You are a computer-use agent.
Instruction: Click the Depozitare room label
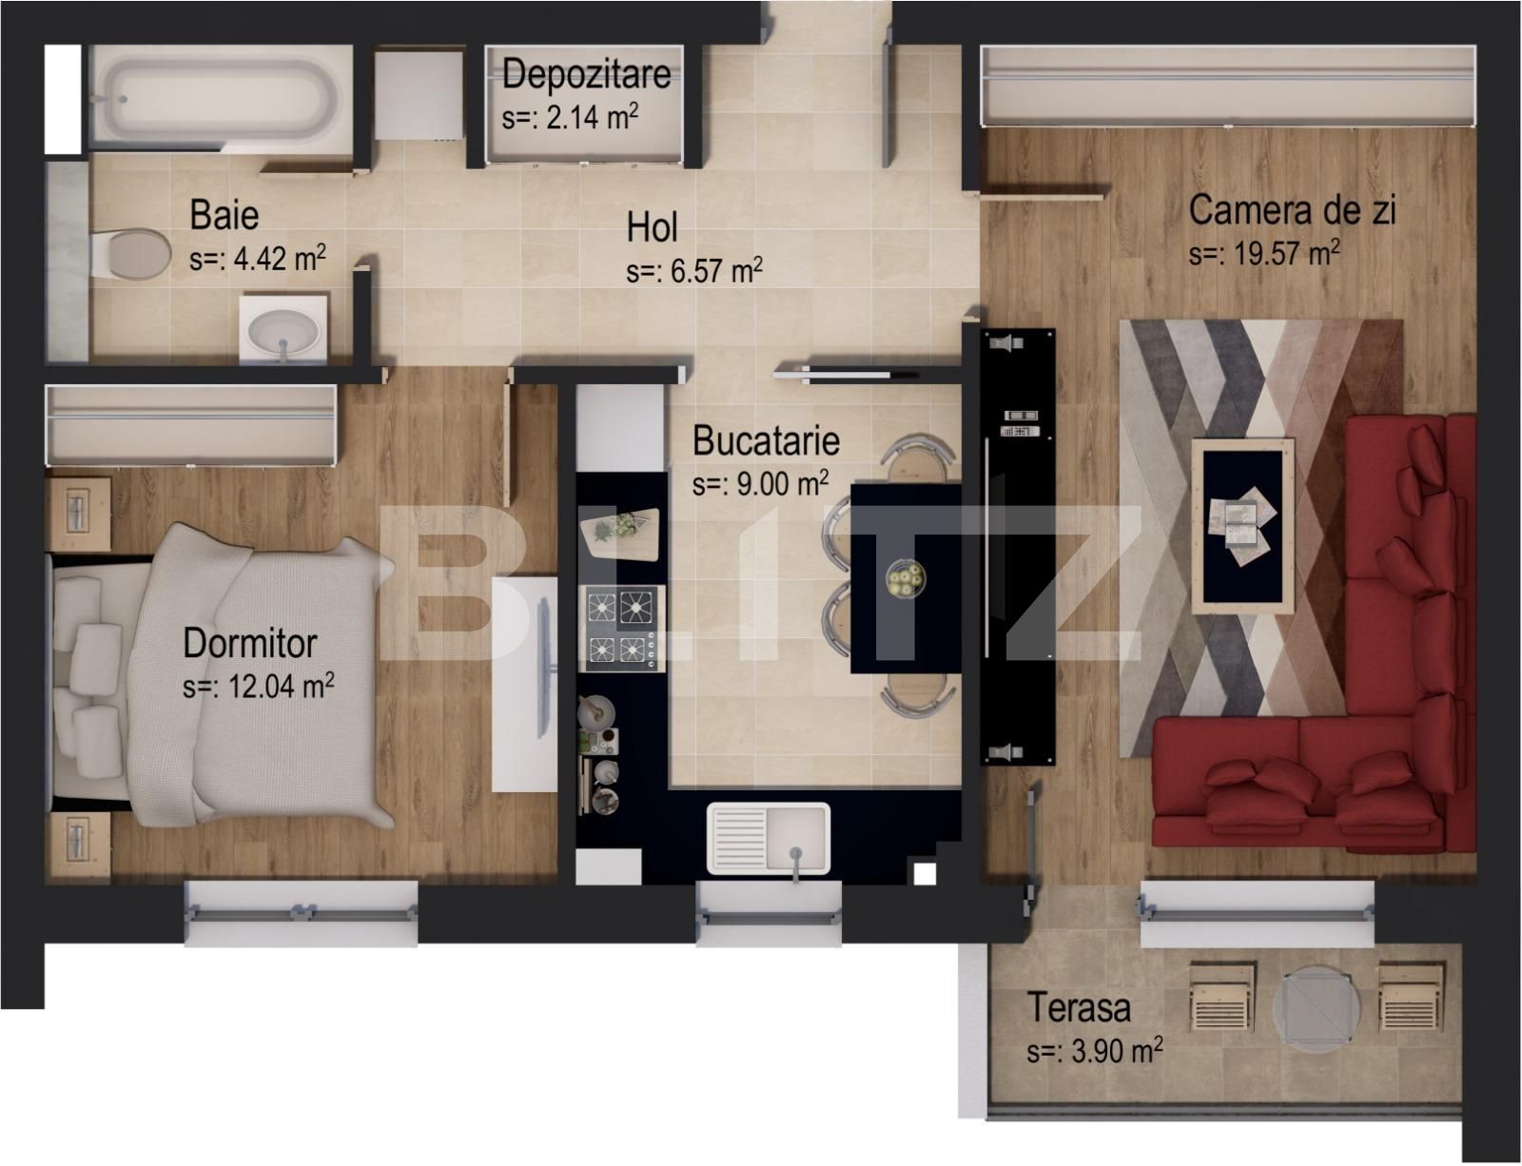tap(586, 73)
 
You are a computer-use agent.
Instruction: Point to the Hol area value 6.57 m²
tap(694, 272)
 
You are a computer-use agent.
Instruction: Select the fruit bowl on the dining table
tap(905, 578)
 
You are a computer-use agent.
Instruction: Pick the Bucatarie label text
tap(766, 441)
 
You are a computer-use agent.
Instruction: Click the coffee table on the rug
tap(1243, 525)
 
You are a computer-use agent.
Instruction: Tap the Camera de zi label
tap(1292, 210)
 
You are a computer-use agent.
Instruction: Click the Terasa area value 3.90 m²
tap(1094, 1052)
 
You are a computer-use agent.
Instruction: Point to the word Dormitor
tap(249, 644)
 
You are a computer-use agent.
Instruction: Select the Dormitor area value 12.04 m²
tap(259, 687)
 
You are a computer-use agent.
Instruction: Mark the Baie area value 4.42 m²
tap(258, 259)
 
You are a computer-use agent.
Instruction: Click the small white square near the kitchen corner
tap(923, 873)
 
